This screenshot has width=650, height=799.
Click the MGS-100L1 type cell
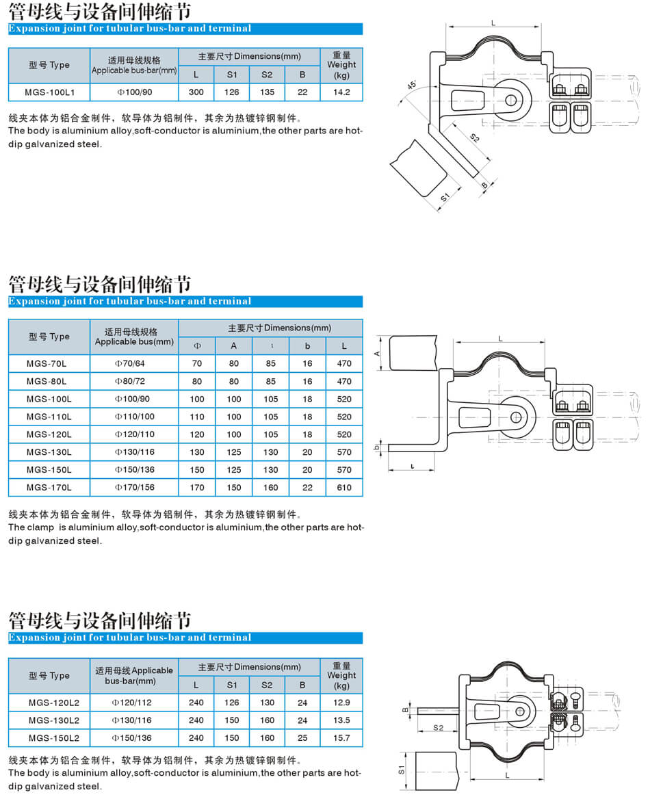[x=49, y=92]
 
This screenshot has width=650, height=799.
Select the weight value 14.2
[x=341, y=92]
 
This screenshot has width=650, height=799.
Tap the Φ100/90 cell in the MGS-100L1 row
[x=135, y=92]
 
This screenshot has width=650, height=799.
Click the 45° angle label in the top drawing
[x=411, y=85]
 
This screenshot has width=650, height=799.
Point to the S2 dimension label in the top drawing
[x=474, y=137]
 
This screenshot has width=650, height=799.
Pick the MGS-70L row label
[x=47, y=363]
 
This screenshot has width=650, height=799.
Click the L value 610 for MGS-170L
[x=344, y=488]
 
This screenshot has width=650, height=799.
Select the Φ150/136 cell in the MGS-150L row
[x=135, y=470]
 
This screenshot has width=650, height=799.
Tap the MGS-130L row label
[x=49, y=452]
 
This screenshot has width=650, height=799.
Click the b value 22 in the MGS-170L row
[x=307, y=488]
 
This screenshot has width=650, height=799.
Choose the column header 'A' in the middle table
[x=233, y=346]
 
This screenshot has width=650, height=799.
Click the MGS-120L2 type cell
[x=54, y=703]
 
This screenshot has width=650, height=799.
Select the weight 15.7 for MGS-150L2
[x=341, y=738]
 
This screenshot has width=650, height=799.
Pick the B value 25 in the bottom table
[x=302, y=738]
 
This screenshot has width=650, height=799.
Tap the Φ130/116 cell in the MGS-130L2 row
[x=131, y=720]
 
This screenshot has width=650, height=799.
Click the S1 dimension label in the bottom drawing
[x=401, y=770]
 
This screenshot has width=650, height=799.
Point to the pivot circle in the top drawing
[x=511, y=100]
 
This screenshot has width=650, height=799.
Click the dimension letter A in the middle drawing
[x=377, y=354]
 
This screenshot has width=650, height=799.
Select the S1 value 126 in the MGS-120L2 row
[x=231, y=703]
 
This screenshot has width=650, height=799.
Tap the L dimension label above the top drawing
[x=493, y=23]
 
